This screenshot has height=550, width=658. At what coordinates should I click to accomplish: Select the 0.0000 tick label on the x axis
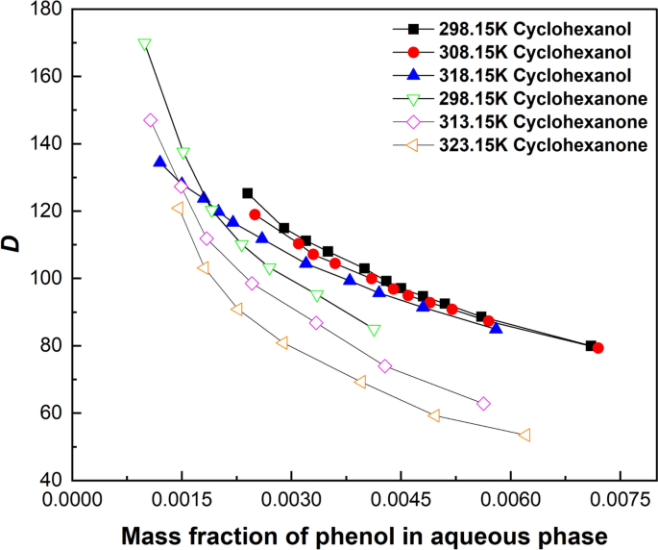(70, 499)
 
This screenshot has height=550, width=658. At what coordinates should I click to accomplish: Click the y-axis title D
(13, 246)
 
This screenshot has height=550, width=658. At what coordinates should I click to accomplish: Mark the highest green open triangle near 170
(145, 44)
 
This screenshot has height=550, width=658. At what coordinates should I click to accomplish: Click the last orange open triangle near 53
(524, 436)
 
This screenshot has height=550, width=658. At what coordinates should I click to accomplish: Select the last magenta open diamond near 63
(483, 404)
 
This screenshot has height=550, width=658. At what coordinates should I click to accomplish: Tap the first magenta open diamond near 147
(150, 120)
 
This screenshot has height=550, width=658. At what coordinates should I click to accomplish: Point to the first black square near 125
(248, 193)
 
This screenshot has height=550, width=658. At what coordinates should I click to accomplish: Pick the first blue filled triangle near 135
(159, 162)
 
